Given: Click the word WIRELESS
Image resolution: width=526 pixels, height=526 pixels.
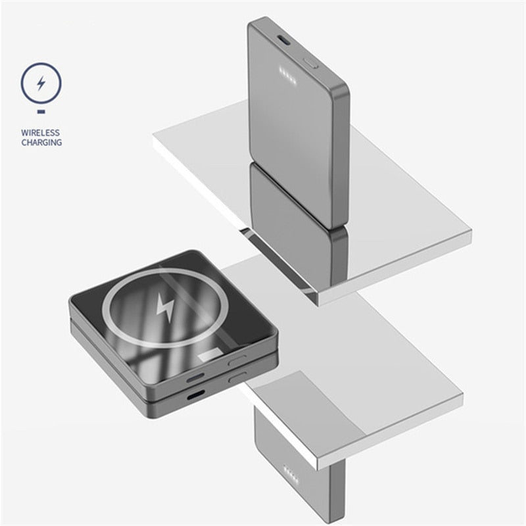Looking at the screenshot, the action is (x=40, y=133).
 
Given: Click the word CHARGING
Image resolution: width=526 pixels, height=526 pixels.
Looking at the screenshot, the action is (x=41, y=143).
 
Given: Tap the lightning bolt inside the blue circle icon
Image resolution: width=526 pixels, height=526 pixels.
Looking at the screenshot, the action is (x=41, y=83).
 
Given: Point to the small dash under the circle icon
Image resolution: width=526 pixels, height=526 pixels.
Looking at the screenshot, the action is (x=41, y=112).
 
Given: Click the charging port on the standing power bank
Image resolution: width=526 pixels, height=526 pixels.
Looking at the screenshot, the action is (x=285, y=40).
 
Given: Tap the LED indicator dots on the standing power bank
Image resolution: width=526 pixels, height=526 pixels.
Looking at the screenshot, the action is (x=288, y=76).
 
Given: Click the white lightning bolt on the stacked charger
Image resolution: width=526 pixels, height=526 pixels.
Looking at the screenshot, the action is (x=166, y=307).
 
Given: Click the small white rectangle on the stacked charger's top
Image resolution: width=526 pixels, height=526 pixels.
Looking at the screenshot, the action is (x=210, y=355).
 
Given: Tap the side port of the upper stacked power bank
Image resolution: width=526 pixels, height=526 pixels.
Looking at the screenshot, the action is (x=195, y=377).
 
